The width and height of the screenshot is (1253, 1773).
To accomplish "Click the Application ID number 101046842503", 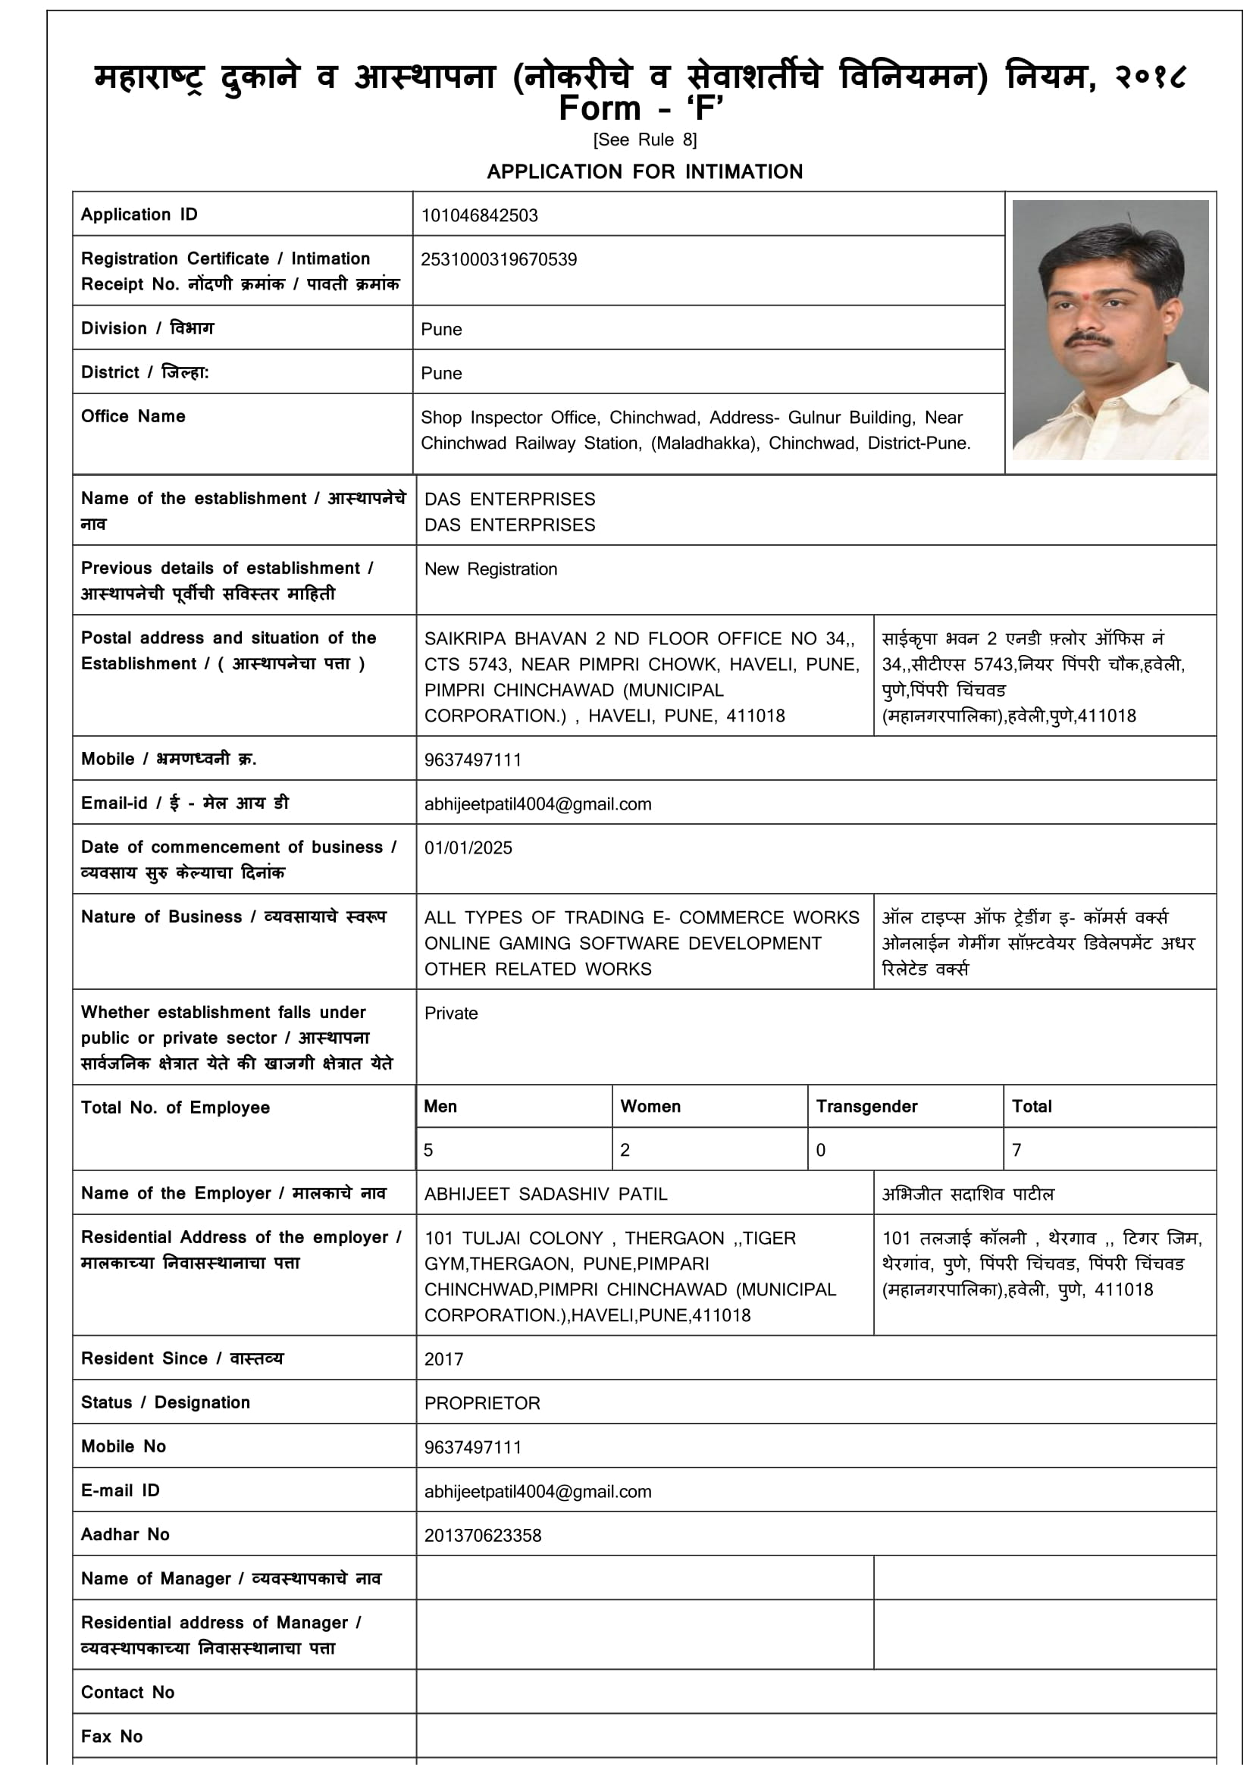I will point(478,215).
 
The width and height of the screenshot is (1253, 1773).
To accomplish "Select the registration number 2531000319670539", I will point(499,259).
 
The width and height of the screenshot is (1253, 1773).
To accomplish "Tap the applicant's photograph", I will point(1110,330).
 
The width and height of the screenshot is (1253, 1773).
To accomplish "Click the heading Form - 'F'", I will point(641,109).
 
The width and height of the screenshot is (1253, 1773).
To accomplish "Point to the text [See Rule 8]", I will point(644,139).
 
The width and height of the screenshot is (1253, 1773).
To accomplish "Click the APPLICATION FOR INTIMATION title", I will point(644,171).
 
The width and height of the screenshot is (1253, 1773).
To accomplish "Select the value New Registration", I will point(490,569).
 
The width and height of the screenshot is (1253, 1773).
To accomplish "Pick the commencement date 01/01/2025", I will point(468,848).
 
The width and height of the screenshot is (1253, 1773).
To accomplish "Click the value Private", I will point(451,1013).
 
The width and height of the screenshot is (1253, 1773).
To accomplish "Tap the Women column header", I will point(650,1107).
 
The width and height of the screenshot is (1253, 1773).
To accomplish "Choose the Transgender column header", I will point(866,1107).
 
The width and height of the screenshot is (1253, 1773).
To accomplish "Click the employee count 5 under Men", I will point(428,1151).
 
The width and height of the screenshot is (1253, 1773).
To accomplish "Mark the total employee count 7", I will point(1016,1151).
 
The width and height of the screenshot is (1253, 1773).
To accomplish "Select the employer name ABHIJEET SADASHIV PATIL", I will point(545,1195).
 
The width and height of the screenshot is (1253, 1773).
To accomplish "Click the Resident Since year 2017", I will point(444,1360).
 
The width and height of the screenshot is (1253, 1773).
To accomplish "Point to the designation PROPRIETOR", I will point(482,1404).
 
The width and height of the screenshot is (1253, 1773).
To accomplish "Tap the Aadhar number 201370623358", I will point(483,1536).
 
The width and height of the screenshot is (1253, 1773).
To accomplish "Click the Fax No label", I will point(112,1737).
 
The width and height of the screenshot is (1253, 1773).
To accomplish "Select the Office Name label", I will point(133,416).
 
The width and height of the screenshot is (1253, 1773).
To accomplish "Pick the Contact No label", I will point(127,1693).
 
